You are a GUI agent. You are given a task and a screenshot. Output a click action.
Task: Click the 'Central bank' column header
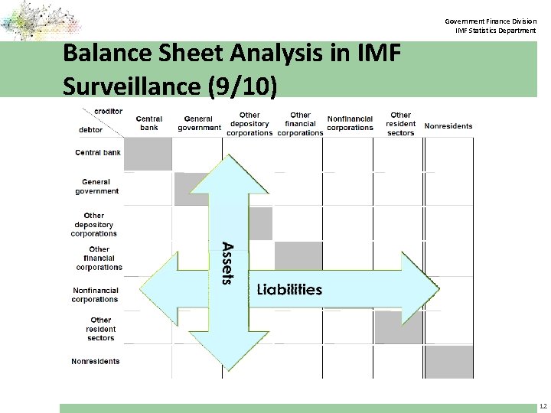(x=149, y=123)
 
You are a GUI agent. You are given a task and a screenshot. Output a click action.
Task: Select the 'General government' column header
(x=199, y=123)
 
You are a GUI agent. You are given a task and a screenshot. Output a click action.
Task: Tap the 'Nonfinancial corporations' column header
(x=350, y=123)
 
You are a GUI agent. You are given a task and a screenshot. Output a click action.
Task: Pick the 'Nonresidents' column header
(x=448, y=126)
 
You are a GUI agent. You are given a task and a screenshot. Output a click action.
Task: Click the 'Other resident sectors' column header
(x=400, y=124)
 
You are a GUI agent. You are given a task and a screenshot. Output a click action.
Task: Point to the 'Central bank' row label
(x=98, y=153)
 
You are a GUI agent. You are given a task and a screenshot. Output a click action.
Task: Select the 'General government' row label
(x=97, y=187)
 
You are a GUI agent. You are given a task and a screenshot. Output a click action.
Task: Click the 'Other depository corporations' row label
(x=94, y=225)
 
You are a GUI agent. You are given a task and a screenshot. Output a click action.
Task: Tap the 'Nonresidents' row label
(x=96, y=361)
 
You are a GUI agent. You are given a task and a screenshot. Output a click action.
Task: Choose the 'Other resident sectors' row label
(x=100, y=329)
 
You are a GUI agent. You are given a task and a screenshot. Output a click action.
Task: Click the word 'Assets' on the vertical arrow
(x=227, y=263)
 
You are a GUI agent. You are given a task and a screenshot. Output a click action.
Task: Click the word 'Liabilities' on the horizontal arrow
(x=289, y=289)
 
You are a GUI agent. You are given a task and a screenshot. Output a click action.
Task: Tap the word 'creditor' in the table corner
(x=108, y=112)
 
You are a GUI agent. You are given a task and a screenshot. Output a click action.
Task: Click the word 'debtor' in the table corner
(x=91, y=130)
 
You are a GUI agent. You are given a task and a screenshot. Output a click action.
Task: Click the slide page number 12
(x=543, y=406)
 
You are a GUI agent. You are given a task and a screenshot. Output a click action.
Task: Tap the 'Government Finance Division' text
(x=491, y=21)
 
